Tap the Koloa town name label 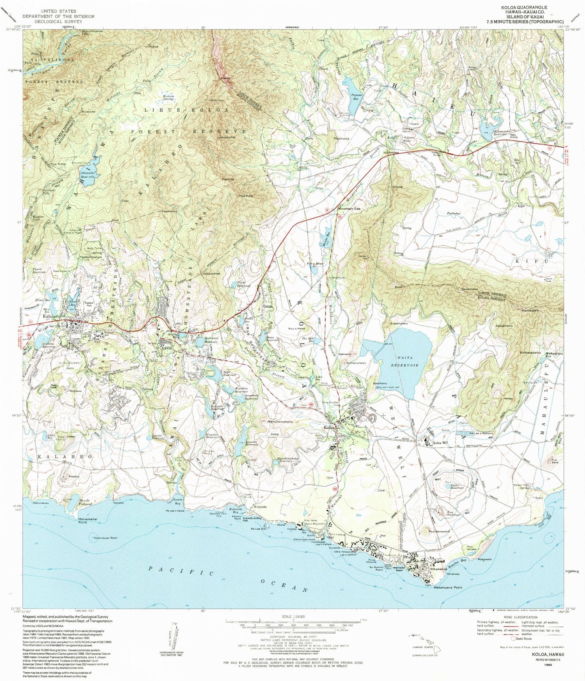[x=329, y=428]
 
